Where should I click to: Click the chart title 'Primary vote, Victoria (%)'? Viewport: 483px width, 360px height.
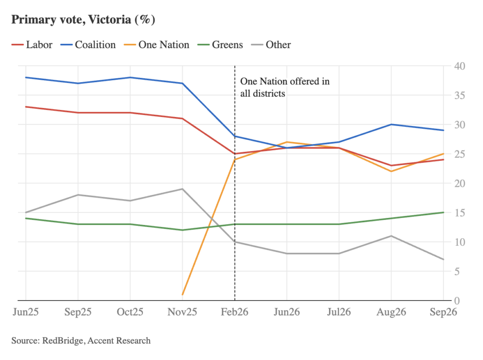pyautogui.click(x=83, y=20)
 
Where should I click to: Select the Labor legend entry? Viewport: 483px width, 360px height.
pyautogui.click(x=32, y=45)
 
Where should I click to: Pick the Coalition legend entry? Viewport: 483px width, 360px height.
pyautogui.click(x=88, y=45)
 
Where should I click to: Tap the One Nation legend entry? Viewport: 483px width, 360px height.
pyautogui.click(x=157, y=45)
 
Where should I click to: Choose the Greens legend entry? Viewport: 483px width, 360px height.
pyautogui.click(x=220, y=45)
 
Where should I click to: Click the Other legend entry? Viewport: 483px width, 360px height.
pyautogui.click(x=271, y=45)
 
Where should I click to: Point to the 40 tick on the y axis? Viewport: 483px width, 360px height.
pyautogui.click(x=459, y=66)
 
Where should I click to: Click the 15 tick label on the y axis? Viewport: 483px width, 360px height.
pyautogui.click(x=459, y=213)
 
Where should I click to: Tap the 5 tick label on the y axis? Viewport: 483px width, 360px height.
pyautogui.click(x=457, y=271)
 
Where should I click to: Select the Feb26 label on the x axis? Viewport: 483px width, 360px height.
pyautogui.click(x=234, y=312)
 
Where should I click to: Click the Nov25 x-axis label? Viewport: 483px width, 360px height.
pyautogui.click(x=183, y=312)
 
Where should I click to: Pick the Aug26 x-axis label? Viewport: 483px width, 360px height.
pyautogui.click(x=391, y=312)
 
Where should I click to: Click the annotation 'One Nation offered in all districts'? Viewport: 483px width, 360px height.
pyautogui.click(x=285, y=87)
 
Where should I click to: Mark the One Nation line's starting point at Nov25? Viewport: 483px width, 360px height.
pyautogui.click(x=183, y=295)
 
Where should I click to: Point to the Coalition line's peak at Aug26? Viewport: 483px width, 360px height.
pyautogui.click(x=391, y=125)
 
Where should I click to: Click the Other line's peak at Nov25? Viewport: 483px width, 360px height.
pyautogui.click(x=183, y=189)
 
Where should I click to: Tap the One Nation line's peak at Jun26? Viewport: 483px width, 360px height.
pyautogui.click(x=287, y=142)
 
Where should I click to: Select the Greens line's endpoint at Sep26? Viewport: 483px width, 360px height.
pyautogui.click(x=443, y=212)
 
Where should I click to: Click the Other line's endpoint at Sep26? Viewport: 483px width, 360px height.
pyautogui.click(x=443, y=259)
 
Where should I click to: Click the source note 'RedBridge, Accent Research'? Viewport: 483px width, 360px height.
pyautogui.click(x=96, y=341)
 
